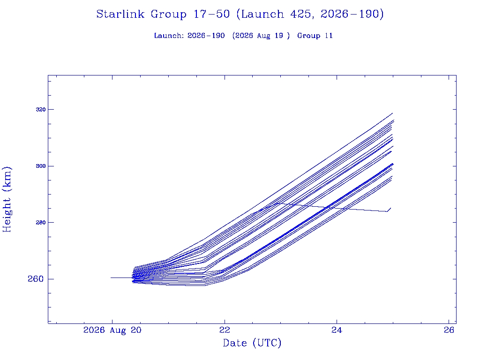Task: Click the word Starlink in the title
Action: click(x=120, y=14)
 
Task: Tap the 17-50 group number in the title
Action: click(x=211, y=14)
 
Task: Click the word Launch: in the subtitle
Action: click(x=169, y=36)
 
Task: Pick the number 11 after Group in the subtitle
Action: click(x=329, y=36)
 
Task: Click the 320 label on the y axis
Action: click(x=40, y=109)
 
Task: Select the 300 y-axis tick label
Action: click(x=40, y=166)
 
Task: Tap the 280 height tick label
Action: click(x=40, y=222)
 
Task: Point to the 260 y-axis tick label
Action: click(x=36, y=279)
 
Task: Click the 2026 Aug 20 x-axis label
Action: click(x=112, y=330)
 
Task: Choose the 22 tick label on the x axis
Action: click(x=225, y=330)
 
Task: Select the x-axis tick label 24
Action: click(x=337, y=330)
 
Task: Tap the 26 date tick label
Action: click(x=449, y=330)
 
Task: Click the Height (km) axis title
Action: click(x=7, y=199)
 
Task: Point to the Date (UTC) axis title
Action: click(x=252, y=343)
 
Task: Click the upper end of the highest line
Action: click(x=392, y=113)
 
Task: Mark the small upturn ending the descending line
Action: click(x=389, y=210)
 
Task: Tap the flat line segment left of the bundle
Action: click(x=121, y=277)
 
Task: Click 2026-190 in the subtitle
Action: click(x=206, y=36)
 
